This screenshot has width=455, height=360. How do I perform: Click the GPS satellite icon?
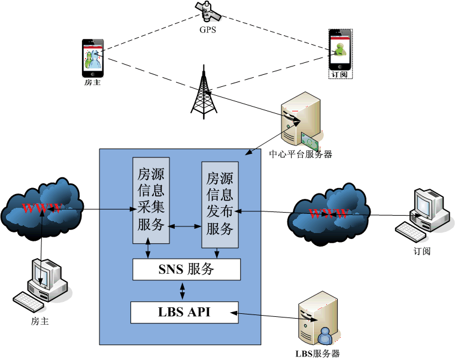pyautogui.click(x=208, y=11)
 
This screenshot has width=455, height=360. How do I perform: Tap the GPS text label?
pyautogui.click(x=208, y=29)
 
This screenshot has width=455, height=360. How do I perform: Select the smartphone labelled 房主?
pyautogui.click(x=92, y=58)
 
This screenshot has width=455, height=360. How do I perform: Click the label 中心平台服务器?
pyautogui.click(x=300, y=154)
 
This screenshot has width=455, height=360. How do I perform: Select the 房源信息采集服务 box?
pyautogui.click(x=151, y=200)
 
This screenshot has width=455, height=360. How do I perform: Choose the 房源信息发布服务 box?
pyautogui.click(x=219, y=204)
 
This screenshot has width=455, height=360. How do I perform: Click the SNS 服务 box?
pyautogui.click(x=186, y=270)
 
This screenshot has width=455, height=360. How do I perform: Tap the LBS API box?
pyautogui.click(x=184, y=311)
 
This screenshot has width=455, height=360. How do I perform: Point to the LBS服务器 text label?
pyautogui.click(x=317, y=353)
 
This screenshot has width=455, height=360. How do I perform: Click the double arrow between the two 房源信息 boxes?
pyautogui.click(x=185, y=226)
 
